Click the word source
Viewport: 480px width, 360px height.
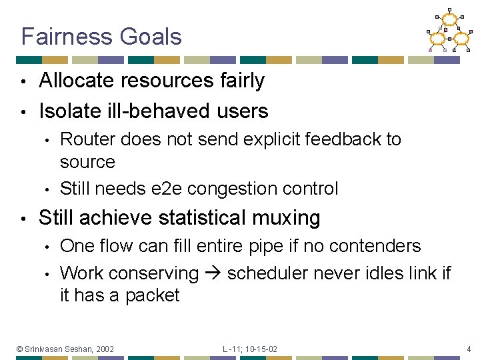(87, 162)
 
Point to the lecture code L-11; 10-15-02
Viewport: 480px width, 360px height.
(250, 349)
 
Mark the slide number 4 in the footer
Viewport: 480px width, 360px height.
(469, 349)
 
